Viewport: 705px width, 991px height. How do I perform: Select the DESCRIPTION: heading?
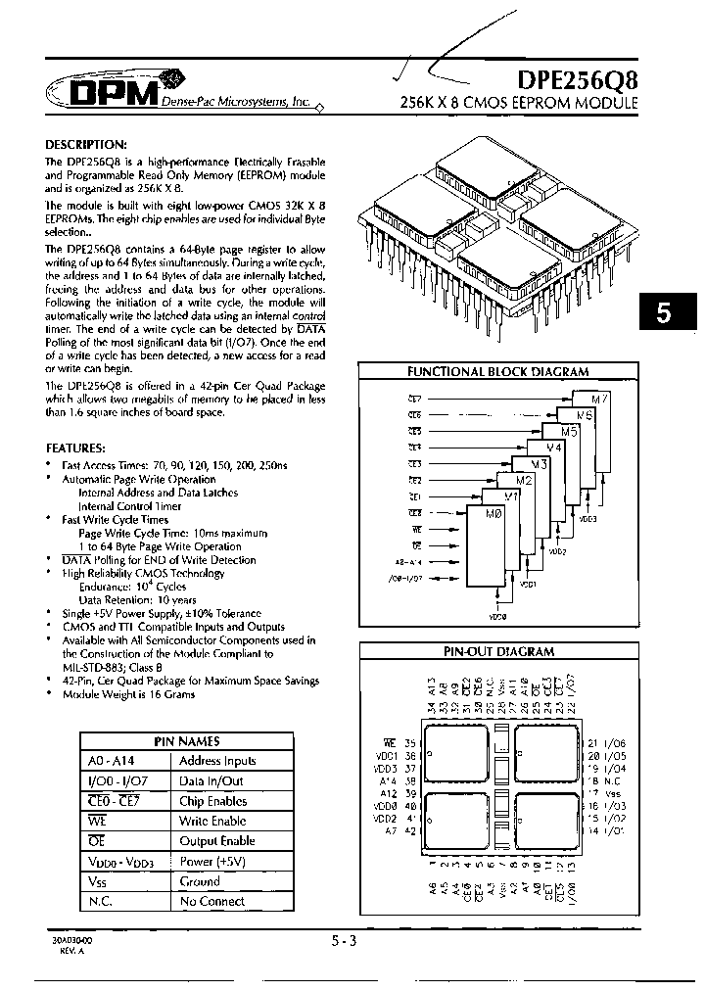point(86,143)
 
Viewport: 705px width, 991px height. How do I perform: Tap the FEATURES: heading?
point(77,447)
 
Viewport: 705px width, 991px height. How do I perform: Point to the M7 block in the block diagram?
point(599,399)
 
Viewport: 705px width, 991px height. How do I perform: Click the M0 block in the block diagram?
point(477,513)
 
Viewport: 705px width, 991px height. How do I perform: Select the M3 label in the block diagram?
point(538,463)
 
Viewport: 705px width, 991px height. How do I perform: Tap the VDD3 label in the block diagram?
point(587,520)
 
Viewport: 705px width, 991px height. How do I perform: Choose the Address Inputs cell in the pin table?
point(217,761)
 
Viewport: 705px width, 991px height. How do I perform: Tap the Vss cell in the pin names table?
point(96,881)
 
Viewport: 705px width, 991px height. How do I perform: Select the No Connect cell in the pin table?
point(211,901)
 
